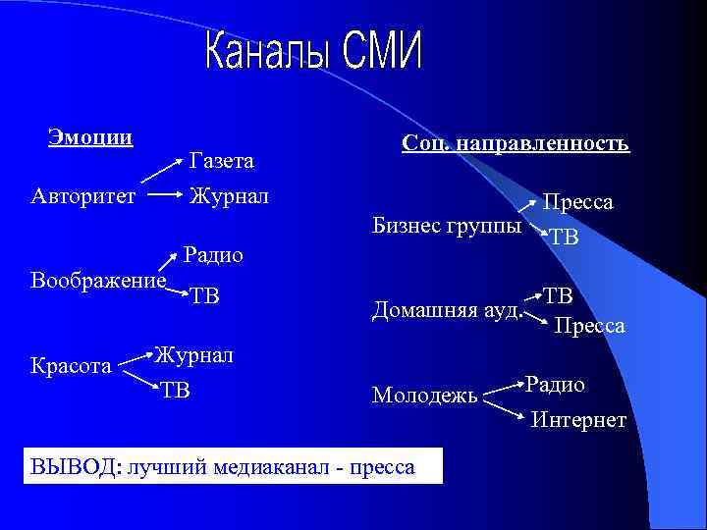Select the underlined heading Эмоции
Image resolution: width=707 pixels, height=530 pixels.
[90, 136]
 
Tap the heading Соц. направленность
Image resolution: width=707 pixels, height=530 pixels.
[515, 143]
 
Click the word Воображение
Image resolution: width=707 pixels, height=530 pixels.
[98, 279]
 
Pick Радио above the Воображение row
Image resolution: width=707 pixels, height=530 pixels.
[214, 255]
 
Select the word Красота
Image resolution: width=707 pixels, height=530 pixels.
[71, 365]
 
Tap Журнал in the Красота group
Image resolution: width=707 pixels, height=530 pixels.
[193, 354]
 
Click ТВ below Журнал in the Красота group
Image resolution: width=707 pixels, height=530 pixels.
[177, 391]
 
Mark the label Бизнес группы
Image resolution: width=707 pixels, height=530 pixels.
[447, 226]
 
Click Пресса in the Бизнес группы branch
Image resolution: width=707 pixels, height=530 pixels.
[578, 202]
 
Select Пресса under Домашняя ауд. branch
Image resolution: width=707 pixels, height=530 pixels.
[589, 325]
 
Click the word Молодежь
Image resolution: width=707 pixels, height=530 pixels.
[425, 396]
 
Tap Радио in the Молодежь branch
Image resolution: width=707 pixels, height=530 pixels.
[555, 384]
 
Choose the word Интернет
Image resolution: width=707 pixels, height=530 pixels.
[578, 420]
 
